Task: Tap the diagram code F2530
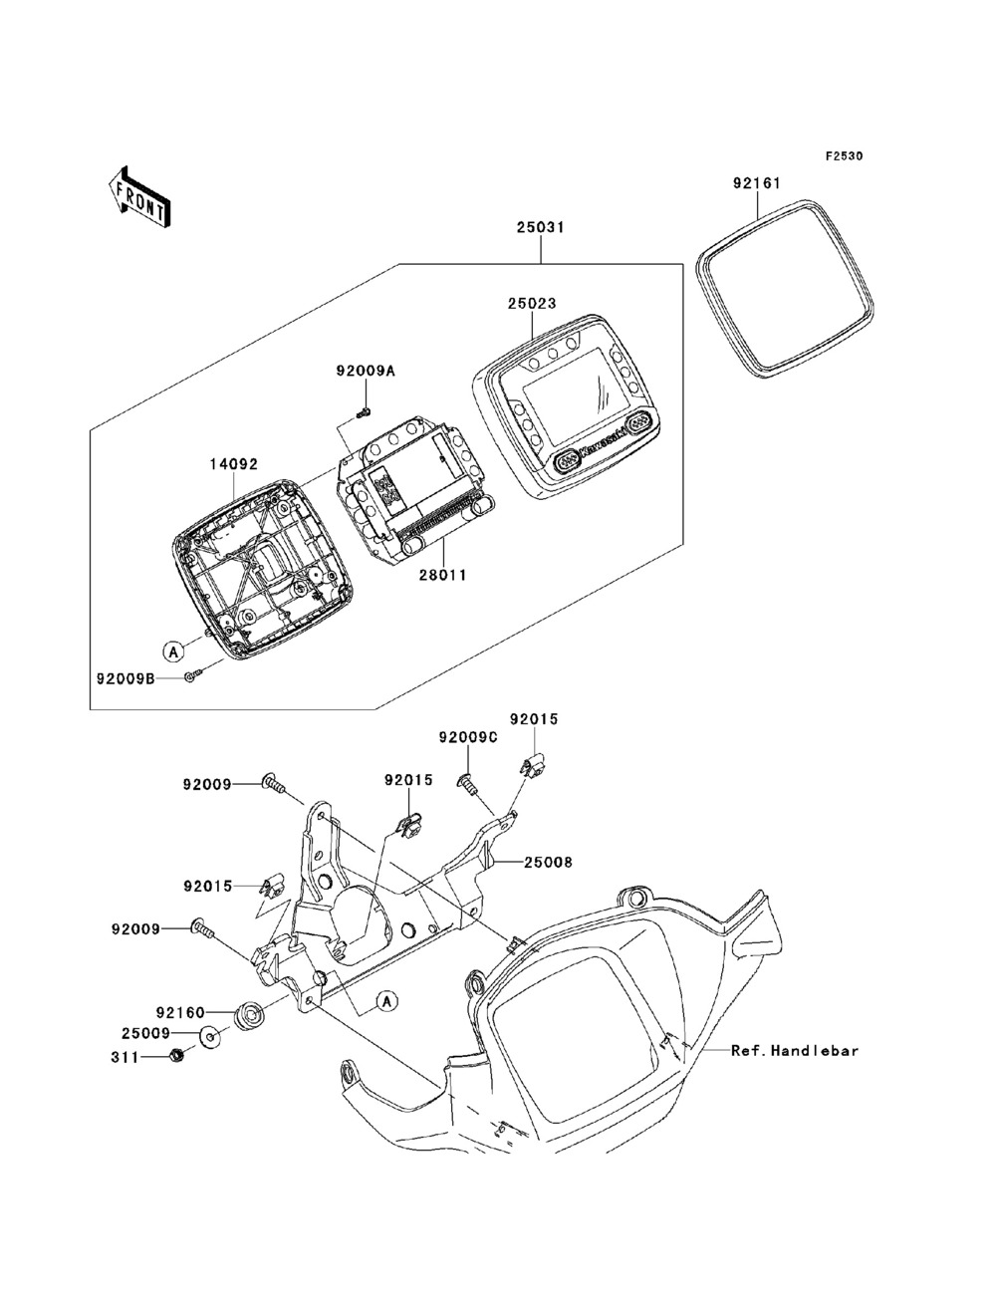click(844, 156)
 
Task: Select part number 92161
click(757, 183)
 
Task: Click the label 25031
click(540, 227)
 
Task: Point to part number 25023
click(532, 303)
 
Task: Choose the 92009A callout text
click(366, 372)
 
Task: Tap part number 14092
click(233, 464)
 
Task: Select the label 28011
click(442, 575)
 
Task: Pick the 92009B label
click(125, 677)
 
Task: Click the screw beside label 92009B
click(193, 674)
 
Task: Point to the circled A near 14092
click(173, 652)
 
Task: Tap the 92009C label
click(468, 737)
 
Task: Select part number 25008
click(548, 862)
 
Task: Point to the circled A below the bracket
click(387, 1001)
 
